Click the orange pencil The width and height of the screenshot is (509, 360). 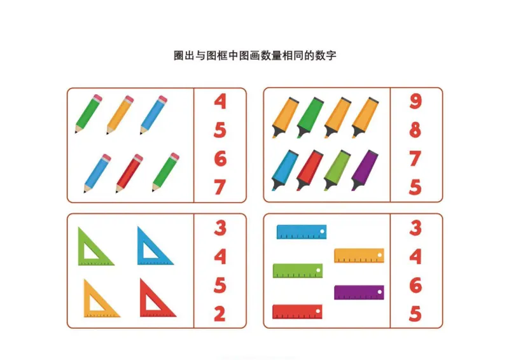[x=120, y=114]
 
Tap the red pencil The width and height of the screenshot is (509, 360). [x=129, y=172]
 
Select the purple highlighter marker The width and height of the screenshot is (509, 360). [x=365, y=170]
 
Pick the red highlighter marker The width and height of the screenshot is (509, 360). [x=310, y=170]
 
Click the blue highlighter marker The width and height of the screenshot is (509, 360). [x=284, y=170]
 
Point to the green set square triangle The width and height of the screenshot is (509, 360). [x=94, y=247]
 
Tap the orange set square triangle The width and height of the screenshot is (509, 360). [x=99, y=300]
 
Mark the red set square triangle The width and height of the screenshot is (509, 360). [x=156, y=299]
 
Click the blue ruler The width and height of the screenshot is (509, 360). [x=302, y=232]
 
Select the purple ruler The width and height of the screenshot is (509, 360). [x=359, y=292]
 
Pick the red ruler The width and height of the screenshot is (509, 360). [x=297, y=312]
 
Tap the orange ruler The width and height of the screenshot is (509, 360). [x=359, y=255]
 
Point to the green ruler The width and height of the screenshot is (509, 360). [x=297, y=270]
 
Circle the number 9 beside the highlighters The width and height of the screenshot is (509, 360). [x=415, y=101]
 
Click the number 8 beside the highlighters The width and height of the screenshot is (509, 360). [x=415, y=130]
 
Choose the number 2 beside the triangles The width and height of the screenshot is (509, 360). [x=220, y=314]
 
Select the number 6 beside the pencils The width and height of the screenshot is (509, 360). [x=220, y=158]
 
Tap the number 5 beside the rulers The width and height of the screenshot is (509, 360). [x=415, y=314]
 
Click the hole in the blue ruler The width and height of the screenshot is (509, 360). [x=322, y=230]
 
